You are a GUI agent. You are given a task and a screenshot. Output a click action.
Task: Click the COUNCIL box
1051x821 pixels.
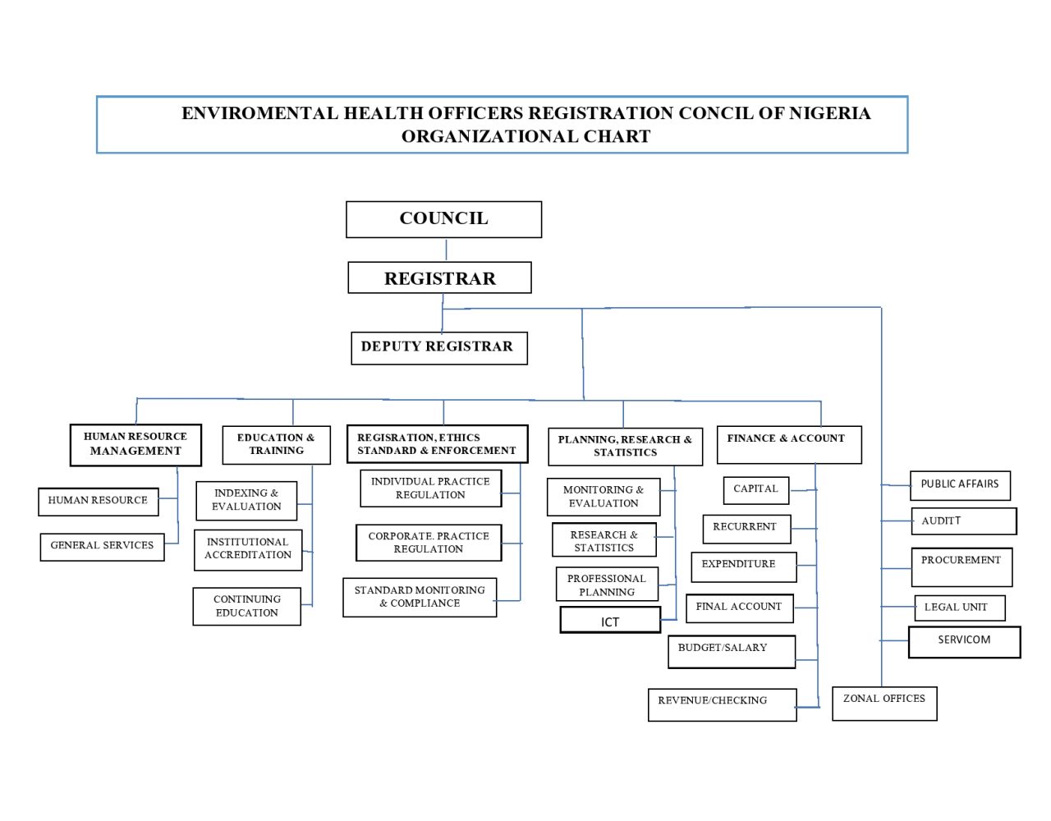(443, 219)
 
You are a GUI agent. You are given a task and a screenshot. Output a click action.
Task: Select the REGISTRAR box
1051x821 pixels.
(439, 277)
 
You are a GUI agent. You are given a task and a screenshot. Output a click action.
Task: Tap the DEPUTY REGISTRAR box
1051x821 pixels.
(439, 348)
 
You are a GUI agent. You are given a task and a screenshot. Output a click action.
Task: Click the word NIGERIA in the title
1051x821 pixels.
(830, 113)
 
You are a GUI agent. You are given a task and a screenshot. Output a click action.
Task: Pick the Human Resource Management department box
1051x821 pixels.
(135, 445)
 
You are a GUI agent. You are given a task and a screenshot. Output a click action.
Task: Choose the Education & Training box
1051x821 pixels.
(276, 445)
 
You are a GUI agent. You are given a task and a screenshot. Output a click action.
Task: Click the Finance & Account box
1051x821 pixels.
(789, 445)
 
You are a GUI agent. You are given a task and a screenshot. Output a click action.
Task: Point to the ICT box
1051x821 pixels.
(610, 620)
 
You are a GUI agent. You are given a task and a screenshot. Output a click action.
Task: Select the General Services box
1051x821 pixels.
(102, 547)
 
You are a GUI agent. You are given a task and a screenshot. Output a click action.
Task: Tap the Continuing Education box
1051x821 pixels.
(246, 607)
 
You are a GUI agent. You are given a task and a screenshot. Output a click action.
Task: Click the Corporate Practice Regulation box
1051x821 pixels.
(429, 543)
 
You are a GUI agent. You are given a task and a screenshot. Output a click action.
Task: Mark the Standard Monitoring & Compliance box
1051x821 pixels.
(420, 597)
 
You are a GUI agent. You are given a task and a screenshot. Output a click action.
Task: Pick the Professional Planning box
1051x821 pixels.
(607, 584)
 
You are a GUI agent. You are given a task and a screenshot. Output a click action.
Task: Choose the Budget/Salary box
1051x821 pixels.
(732, 652)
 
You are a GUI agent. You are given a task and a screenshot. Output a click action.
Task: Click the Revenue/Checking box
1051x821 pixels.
(722, 705)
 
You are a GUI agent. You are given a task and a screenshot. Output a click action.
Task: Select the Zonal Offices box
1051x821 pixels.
(884, 704)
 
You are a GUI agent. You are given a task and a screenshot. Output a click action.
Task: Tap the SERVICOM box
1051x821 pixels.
(965, 642)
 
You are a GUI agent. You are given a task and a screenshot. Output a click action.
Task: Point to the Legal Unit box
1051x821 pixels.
(960, 608)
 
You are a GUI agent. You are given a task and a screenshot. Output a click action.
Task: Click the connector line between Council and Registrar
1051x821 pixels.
(446, 250)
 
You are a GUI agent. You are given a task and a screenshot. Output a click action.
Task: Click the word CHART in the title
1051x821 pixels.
(617, 136)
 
